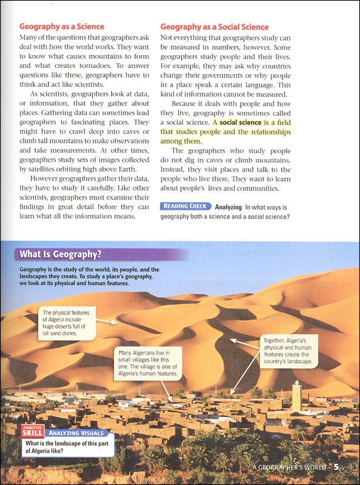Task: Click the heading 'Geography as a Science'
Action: coord(62,27)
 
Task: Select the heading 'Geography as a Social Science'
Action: coord(215,27)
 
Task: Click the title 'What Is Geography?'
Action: coord(60,254)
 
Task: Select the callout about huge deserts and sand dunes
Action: coord(66,322)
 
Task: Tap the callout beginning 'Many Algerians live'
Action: coord(147,362)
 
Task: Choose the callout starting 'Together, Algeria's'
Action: coord(289,351)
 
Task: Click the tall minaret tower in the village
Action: coord(296,396)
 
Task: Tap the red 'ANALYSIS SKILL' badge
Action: coord(33,432)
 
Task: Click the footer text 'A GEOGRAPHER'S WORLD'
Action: coord(288,467)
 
